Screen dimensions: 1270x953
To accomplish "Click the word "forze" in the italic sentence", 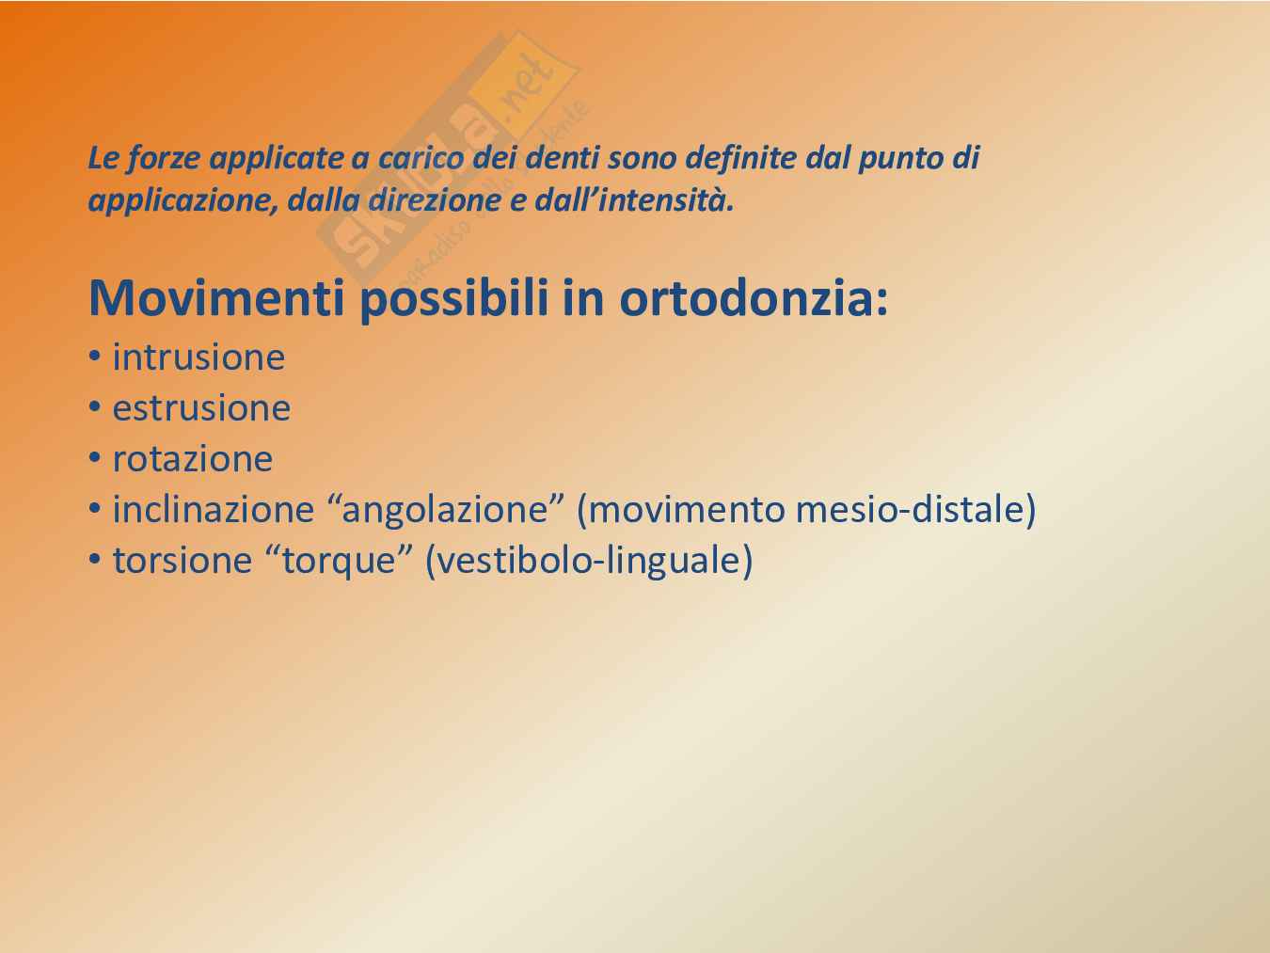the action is pos(163,158).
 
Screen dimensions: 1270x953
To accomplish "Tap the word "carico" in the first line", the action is pos(421,158).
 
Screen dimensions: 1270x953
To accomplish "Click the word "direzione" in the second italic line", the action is pos(434,200).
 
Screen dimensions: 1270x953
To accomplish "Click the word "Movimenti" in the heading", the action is pos(217,298).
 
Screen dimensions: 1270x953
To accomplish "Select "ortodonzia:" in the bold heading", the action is pos(754,298).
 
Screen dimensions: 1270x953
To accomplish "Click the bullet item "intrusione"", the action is pos(198,357).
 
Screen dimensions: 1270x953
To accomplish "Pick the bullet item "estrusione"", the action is pos(201,408).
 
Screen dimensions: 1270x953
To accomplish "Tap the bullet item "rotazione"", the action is pos(192,459).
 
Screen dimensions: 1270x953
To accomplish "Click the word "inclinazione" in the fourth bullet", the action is pos(213,509).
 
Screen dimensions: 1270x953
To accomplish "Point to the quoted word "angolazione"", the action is pos(445,509).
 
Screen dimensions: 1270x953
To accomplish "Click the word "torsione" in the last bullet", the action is pos(183,560).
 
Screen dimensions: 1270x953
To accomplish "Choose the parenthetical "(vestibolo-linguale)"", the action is pos(589,561).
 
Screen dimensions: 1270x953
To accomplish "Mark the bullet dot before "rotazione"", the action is pos(95,459).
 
